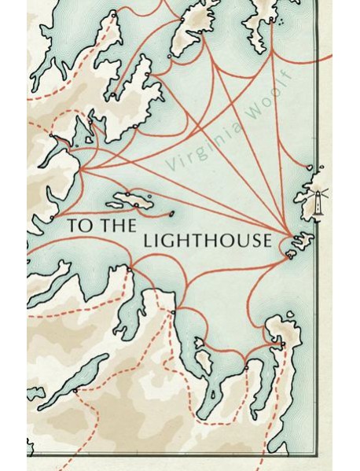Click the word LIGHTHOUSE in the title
pos(208,241)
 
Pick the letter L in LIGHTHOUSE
pos(148,241)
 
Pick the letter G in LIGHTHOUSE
pos(167,241)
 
